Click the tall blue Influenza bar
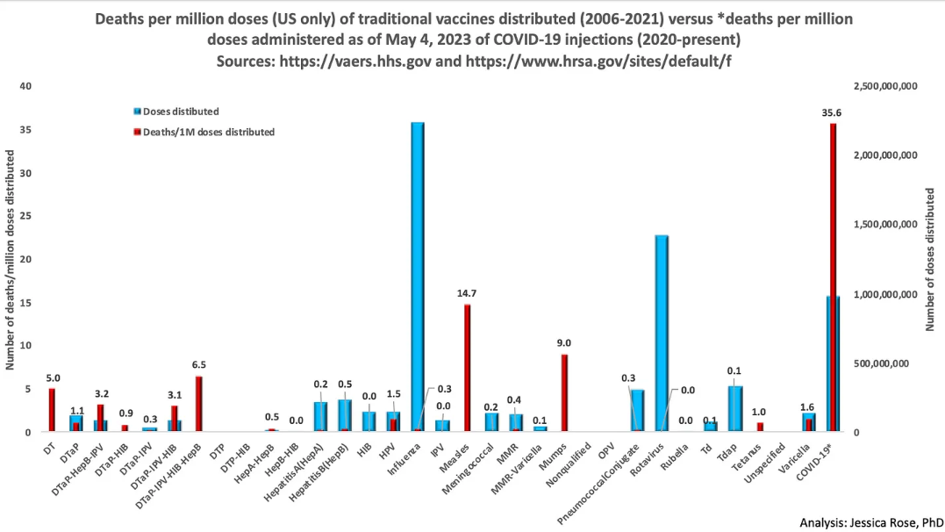[x=418, y=277]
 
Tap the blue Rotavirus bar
[x=662, y=334]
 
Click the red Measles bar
[x=468, y=368]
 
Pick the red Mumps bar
[x=564, y=392]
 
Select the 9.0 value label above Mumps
[x=565, y=343]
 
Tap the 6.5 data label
[x=198, y=364]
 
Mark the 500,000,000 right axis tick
[x=891, y=363]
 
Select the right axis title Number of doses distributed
[x=932, y=259]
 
